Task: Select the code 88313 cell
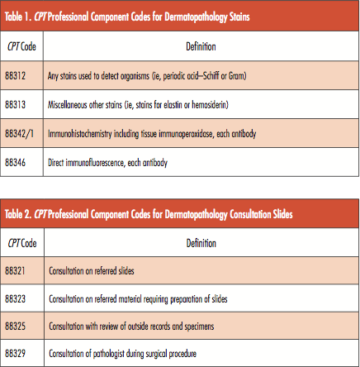(x=17, y=106)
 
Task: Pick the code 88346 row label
(x=17, y=163)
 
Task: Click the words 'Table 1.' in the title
(x=19, y=16)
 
